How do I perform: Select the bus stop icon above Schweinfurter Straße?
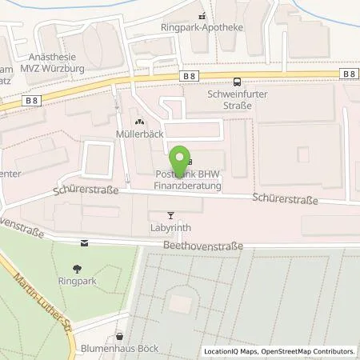(x=236, y=81)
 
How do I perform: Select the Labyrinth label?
(x=169, y=226)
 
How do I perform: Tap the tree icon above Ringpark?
(x=78, y=269)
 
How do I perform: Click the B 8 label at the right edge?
(x=347, y=74)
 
